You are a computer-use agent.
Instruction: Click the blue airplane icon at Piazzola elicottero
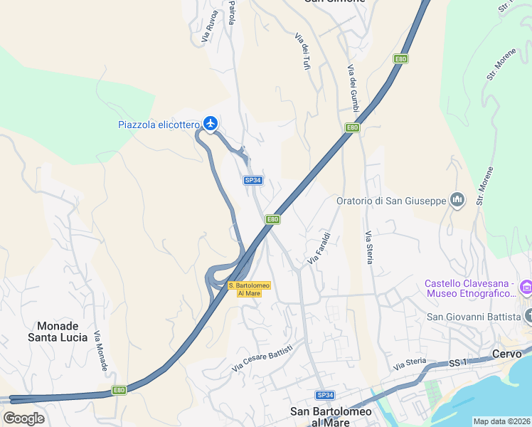tap(210, 124)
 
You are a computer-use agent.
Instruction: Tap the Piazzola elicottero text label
tap(159, 125)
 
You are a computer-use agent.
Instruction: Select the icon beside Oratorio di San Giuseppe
tap(457, 201)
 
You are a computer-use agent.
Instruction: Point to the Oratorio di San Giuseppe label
tap(392, 201)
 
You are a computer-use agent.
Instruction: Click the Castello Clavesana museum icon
tap(526, 288)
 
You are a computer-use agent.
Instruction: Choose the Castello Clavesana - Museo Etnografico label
tap(471, 288)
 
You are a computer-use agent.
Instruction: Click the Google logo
tap(23, 418)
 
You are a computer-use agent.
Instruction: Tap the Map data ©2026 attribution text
tap(501, 421)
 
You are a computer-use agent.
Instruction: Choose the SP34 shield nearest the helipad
tap(253, 181)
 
